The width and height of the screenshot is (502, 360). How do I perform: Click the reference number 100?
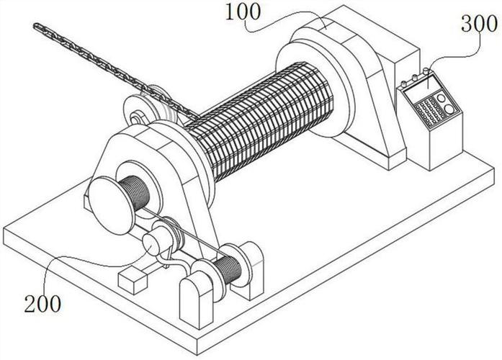pos(243,12)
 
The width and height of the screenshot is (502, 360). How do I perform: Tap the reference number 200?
pos(42,304)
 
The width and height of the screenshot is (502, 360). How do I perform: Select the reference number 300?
pos(479,24)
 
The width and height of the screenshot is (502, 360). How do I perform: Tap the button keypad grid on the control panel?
pos(429,111)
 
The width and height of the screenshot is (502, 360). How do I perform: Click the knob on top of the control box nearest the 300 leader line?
pos(426,71)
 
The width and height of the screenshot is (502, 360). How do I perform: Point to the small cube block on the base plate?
pos(133,281)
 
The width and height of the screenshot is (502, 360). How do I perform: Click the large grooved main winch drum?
pos(259,121)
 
